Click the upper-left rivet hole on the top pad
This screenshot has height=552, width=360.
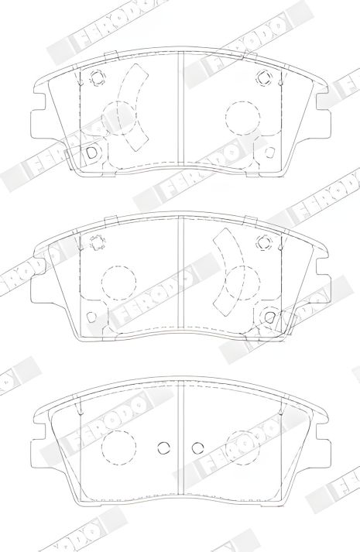click(97, 77)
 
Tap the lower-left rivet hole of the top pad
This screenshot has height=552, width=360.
click(91, 152)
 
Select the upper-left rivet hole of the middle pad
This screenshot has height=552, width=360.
click(98, 244)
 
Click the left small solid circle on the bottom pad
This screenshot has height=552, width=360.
click(163, 446)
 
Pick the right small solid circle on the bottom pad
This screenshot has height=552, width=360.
click(197, 446)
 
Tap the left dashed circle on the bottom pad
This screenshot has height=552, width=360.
click(118, 446)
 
